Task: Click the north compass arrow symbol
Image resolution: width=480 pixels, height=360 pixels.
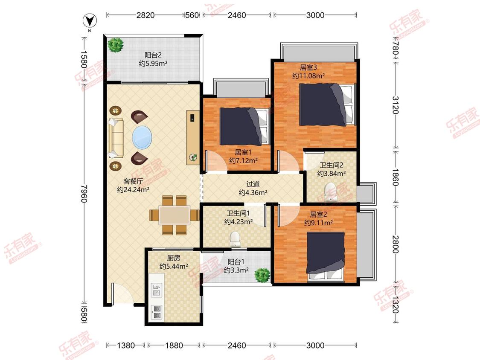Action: pyautogui.click(x=90, y=21)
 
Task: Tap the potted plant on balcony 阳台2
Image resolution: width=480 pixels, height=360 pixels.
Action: pyautogui.click(x=115, y=45)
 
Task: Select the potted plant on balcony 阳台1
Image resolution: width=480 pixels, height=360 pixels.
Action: pyautogui.click(x=262, y=275)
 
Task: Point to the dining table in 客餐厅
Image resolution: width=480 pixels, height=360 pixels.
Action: pyautogui.click(x=175, y=215)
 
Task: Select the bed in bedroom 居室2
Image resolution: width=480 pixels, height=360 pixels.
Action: pyautogui.click(x=326, y=256)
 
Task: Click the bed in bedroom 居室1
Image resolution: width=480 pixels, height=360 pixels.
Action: pyautogui.click(x=244, y=126)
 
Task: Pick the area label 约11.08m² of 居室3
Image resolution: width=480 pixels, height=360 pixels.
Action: pyautogui.click(x=308, y=75)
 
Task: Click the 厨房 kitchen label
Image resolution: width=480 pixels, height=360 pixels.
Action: pyautogui.click(x=174, y=258)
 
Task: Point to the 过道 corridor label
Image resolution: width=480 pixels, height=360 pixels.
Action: pyautogui.click(x=253, y=184)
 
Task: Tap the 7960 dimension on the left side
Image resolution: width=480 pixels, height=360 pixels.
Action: pyautogui.click(x=84, y=194)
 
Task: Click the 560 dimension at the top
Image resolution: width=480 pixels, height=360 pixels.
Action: pyautogui.click(x=192, y=15)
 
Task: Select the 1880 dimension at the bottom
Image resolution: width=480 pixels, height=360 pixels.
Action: pyautogui.click(x=174, y=345)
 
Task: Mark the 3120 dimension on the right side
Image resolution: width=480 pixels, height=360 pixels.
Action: pyautogui.click(x=396, y=105)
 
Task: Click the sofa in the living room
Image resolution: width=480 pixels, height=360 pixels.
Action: pyautogui.click(x=115, y=138)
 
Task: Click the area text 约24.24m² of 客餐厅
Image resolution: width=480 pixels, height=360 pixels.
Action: pyautogui.click(x=133, y=190)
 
